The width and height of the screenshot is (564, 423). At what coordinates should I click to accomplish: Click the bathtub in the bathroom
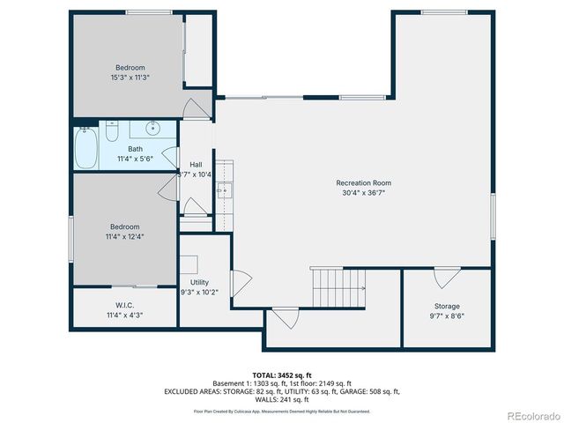(x=85, y=148)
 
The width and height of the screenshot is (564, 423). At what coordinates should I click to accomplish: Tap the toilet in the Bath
(x=112, y=131)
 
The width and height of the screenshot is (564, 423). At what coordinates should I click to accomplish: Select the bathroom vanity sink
(x=152, y=129)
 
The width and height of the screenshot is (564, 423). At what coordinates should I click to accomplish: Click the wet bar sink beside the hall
(x=223, y=189)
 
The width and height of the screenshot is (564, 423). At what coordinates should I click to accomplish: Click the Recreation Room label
(x=362, y=182)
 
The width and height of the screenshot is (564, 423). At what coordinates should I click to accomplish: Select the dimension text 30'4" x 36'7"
(x=362, y=192)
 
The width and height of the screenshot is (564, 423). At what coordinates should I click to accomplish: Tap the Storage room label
(x=447, y=306)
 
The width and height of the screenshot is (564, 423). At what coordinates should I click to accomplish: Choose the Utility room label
(x=199, y=282)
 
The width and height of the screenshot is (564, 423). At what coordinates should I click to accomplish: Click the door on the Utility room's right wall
(x=241, y=282)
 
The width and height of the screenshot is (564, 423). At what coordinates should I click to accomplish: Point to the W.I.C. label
(x=123, y=305)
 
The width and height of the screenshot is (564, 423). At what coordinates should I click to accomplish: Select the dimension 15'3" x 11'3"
(x=130, y=78)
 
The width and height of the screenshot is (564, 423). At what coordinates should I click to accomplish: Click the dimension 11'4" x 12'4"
(x=124, y=235)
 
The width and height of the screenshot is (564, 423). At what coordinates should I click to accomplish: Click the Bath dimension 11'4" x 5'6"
(x=135, y=159)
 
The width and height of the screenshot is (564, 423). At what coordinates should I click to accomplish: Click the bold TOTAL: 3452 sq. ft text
(x=281, y=375)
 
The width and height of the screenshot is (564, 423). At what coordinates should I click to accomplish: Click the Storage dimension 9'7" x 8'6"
(x=447, y=315)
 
